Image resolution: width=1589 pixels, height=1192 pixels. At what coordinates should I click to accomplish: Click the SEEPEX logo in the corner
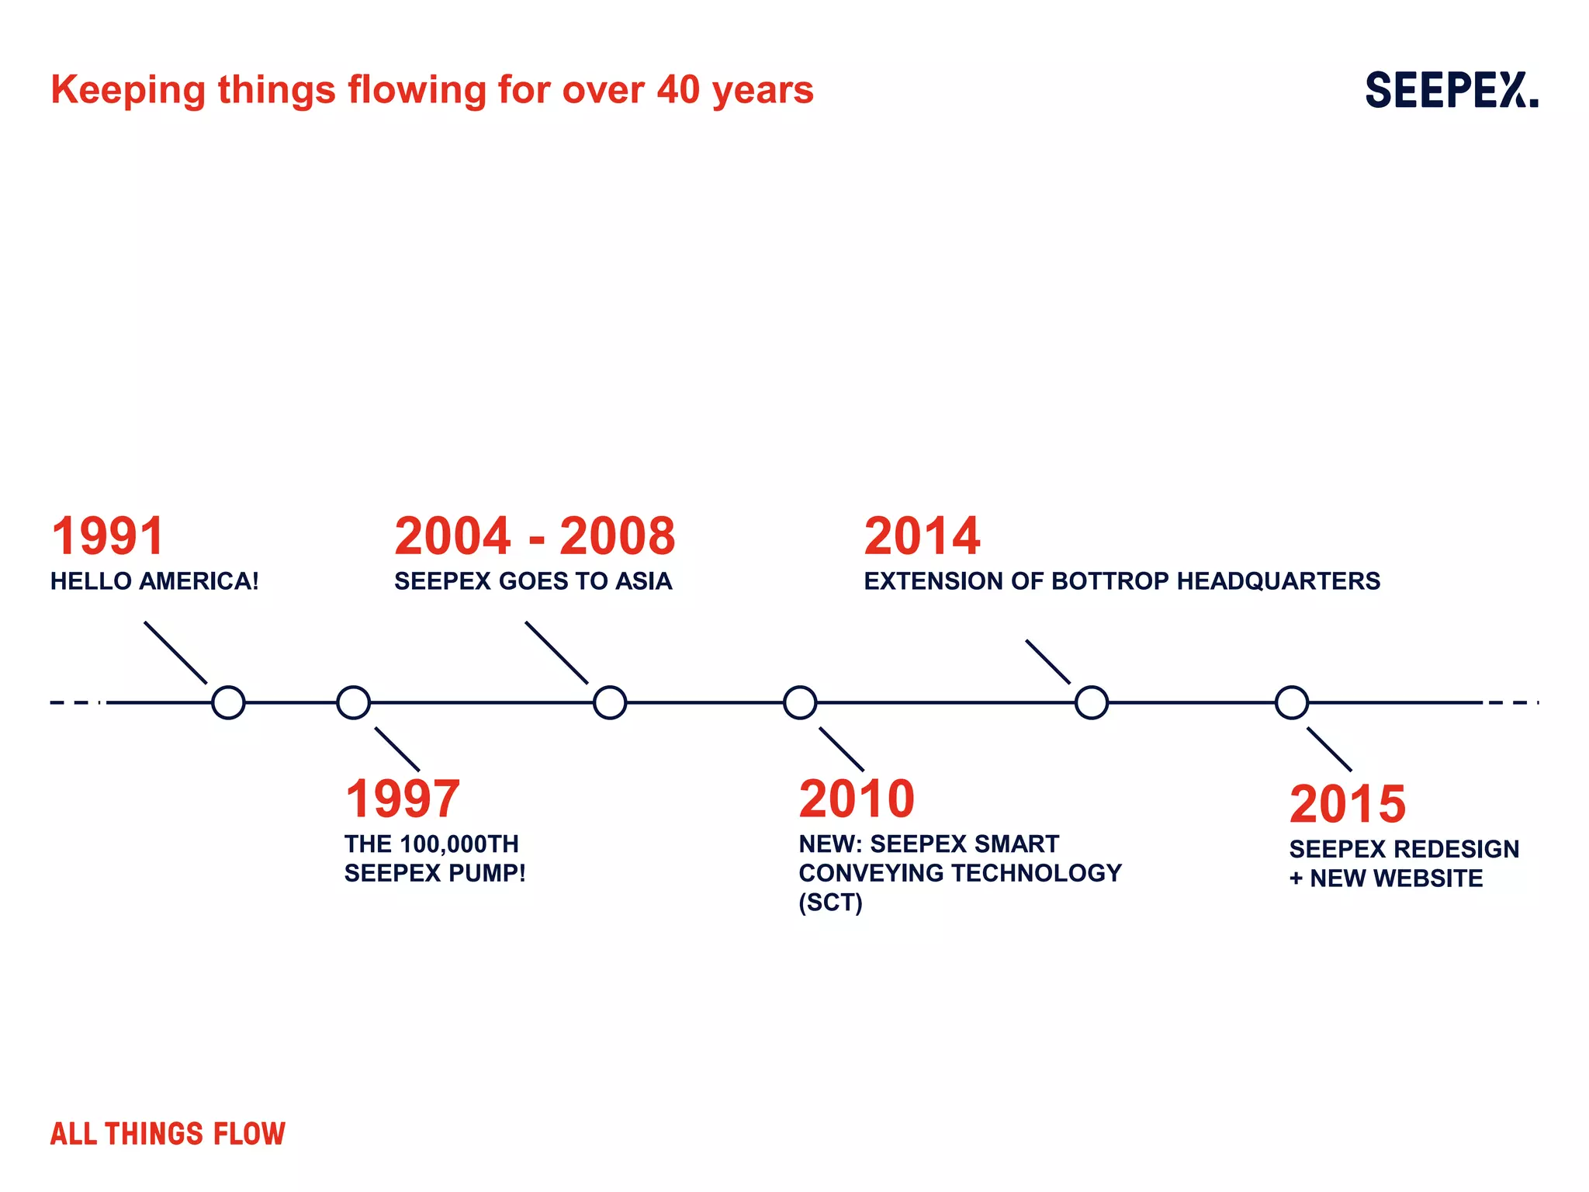pos(1451,90)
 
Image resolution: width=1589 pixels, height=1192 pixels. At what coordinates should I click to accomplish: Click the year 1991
pos(108,536)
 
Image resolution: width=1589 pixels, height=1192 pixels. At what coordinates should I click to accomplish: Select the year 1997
pos(403,799)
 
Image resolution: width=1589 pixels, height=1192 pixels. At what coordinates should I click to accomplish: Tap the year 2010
pos(857,799)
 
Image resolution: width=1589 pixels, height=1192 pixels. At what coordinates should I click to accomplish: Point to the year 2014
pos(922,536)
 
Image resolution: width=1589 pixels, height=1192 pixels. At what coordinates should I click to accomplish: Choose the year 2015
pos(1348,804)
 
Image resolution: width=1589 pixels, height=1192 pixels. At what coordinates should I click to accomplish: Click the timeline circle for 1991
pos(228,702)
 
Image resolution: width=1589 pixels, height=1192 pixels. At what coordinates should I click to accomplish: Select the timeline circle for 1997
pos(353,702)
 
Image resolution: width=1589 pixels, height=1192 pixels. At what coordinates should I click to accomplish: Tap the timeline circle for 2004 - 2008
pos(610,702)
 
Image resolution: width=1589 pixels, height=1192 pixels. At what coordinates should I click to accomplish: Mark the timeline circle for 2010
pos(800,702)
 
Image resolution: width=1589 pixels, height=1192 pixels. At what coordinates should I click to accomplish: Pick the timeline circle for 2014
pos(1092,702)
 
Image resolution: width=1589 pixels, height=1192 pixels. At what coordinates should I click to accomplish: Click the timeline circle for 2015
pos(1292,702)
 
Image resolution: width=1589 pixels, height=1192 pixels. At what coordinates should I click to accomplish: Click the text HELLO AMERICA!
pos(154,581)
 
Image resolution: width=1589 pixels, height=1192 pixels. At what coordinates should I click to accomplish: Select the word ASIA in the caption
pos(644,581)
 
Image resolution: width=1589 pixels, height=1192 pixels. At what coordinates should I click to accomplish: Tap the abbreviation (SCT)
pos(830,903)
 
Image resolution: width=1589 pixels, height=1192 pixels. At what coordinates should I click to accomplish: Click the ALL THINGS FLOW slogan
pos(168,1134)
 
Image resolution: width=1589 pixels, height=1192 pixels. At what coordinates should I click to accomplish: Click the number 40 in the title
pos(679,90)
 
